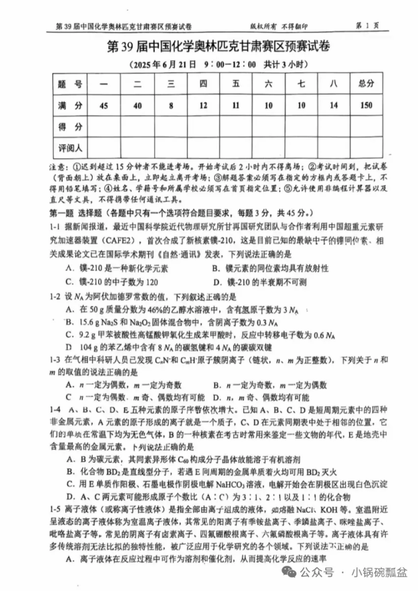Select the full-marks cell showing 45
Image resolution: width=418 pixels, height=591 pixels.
coord(104,106)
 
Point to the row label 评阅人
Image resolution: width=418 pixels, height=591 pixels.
coord(70,148)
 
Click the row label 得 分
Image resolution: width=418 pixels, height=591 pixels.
coord(70,126)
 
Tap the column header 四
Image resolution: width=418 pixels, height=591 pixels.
coord(203,84)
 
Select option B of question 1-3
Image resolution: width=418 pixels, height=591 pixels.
coord(270,385)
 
